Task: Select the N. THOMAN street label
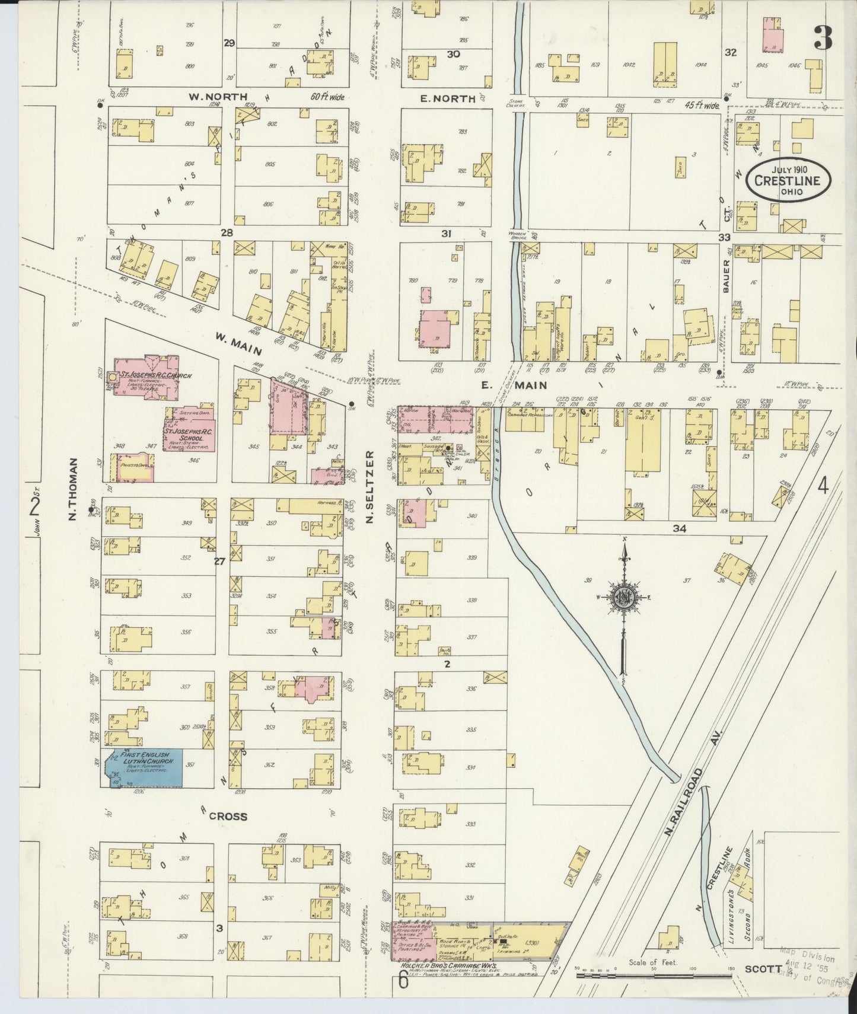click(74, 490)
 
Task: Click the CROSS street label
click(228, 817)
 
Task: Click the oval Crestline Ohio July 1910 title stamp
click(788, 176)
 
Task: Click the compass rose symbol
click(625, 597)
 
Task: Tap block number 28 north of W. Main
click(227, 234)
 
